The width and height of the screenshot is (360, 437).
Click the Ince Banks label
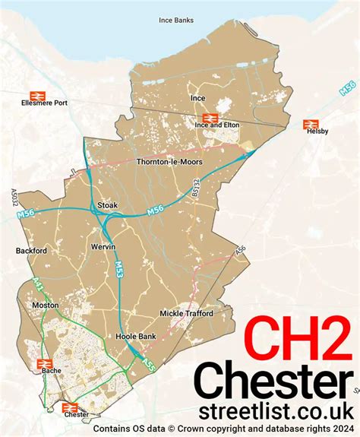pyautogui.click(x=176, y=20)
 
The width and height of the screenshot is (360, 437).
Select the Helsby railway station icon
pyautogui.click(x=309, y=123)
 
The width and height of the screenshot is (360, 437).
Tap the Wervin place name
pyautogui.click(x=103, y=248)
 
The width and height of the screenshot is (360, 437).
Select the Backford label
pyautogui.click(x=31, y=250)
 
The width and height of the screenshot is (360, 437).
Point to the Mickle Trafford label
pyautogui.click(x=187, y=313)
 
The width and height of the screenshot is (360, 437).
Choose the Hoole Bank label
pyautogui.click(x=134, y=336)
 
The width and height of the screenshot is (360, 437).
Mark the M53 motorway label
pyautogui.click(x=120, y=268)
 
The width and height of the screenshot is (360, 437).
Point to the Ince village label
pyautogui.click(x=197, y=98)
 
